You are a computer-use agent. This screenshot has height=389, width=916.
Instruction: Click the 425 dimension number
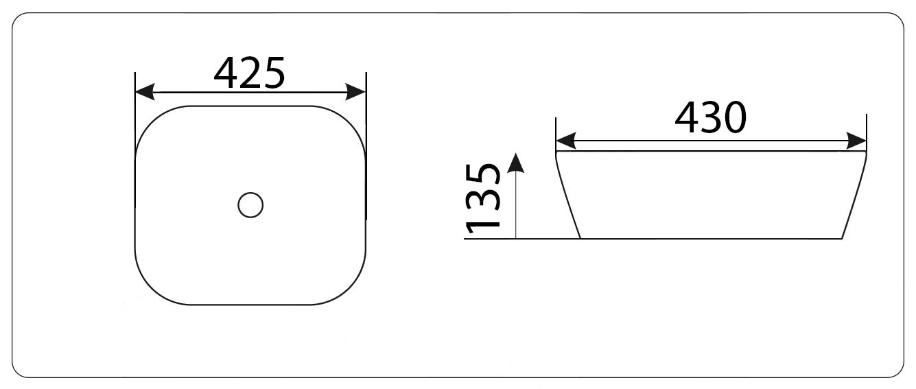click(249, 73)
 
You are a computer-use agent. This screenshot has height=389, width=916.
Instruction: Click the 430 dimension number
click(711, 118)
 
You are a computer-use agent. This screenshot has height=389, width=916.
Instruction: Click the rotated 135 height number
click(483, 198)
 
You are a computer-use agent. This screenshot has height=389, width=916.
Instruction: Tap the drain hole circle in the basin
click(250, 205)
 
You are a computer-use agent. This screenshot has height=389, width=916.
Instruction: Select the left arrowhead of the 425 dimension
click(145, 92)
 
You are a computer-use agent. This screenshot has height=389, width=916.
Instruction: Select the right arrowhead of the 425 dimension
click(355, 92)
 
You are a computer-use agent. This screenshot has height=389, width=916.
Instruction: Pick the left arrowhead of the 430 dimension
click(566, 141)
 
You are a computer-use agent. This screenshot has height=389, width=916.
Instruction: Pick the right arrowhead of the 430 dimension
click(856, 141)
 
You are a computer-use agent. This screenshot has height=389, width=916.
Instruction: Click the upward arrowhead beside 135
click(516, 163)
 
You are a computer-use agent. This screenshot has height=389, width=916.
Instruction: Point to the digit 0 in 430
click(735, 118)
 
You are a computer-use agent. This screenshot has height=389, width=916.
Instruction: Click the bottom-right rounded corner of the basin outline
click(349, 288)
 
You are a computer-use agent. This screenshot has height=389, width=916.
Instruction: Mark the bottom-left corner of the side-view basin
click(580, 238)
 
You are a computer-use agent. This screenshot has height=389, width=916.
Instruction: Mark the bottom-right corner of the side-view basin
click(842, 238)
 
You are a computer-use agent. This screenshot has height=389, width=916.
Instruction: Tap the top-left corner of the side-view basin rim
click(556, 152)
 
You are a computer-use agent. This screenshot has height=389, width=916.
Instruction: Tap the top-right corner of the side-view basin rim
click(866, 152)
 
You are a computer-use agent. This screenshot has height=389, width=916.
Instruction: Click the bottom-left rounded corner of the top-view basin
click(152, 288)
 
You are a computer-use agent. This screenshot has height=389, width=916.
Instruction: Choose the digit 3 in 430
click(711, 118)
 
